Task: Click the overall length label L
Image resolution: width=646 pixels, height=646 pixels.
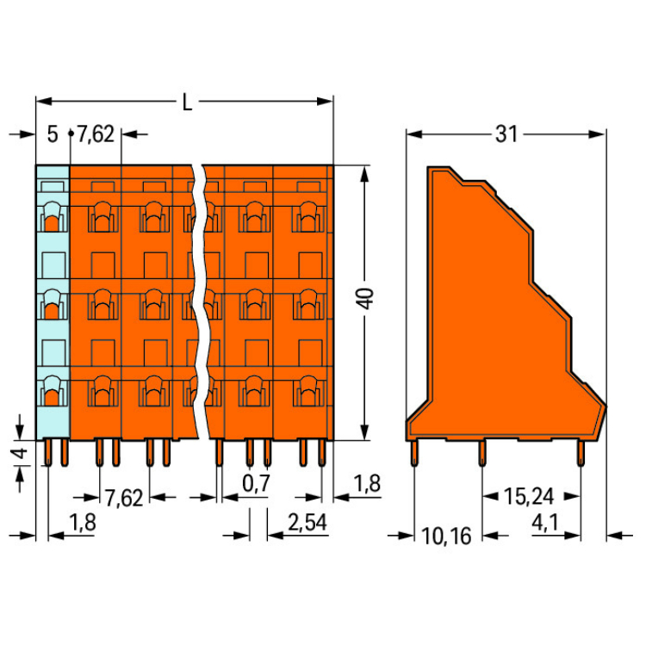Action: (187, 102)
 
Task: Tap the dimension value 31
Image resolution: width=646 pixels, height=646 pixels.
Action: (506, 134)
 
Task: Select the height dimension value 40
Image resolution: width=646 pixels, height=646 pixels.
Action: (366, 298)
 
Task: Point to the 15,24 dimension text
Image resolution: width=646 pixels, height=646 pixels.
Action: (529, 496)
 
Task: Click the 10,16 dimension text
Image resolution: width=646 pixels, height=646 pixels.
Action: (446, 536)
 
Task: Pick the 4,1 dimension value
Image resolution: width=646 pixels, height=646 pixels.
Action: (545, 523)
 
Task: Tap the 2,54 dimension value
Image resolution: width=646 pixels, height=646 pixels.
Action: (307, 523)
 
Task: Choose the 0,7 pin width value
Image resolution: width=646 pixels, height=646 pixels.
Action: (256, 483)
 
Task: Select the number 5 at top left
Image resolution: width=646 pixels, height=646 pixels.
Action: (53, 134)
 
